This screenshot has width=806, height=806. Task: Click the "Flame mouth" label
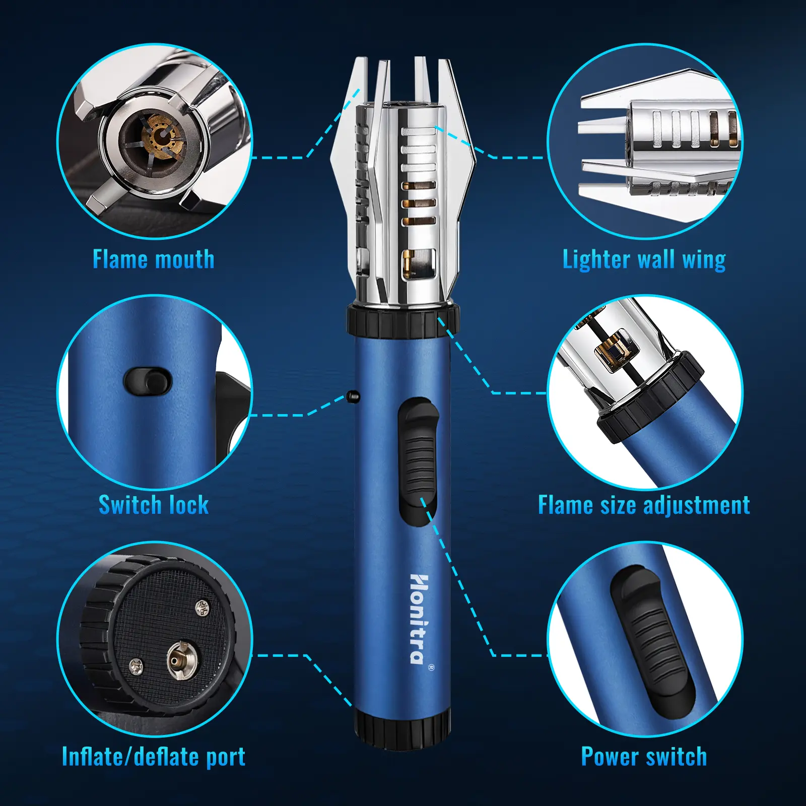click(154, 259)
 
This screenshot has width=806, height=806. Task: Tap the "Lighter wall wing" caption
click(644, 260)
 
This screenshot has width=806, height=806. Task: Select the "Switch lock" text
click(154, 505)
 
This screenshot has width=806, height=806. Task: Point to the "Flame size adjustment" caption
click(644, 505)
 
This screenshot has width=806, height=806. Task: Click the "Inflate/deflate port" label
click(154, 757)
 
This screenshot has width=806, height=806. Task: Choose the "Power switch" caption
click(644, 757)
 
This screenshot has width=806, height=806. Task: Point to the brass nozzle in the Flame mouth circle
click(161, 136)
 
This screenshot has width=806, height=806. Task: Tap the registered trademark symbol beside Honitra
click(431, 667)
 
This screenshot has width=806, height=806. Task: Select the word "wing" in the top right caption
click(704, 260)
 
